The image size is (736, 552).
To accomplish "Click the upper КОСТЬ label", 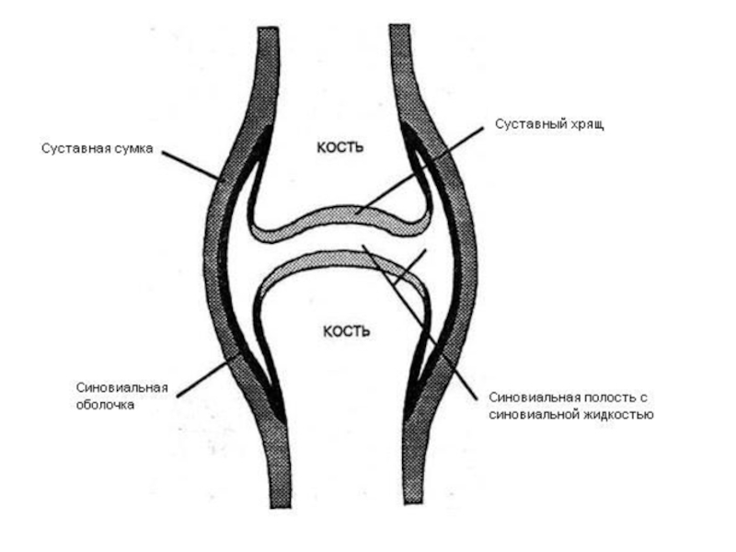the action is point(340,146).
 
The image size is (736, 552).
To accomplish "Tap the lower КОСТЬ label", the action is point(345,330).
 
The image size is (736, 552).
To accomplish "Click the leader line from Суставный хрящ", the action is point(423,167).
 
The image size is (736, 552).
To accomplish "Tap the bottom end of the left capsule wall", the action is point(280,501).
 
